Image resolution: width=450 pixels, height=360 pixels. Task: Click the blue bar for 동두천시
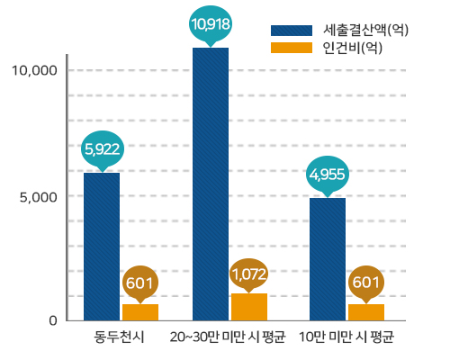[102, 246]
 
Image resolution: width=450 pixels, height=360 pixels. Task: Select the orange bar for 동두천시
[140, 311]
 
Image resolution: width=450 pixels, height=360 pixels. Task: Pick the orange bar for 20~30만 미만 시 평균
[249, 306]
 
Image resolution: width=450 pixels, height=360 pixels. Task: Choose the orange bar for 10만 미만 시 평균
[365, 311]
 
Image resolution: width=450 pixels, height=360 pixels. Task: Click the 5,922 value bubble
[102, 148]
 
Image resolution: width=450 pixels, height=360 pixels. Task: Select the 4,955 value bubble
[328, 174]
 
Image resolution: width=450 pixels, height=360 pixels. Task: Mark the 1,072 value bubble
[249, 271]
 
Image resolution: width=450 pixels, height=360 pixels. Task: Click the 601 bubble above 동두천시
[140, 282]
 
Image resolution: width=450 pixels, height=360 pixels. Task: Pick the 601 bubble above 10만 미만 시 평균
[365, 282]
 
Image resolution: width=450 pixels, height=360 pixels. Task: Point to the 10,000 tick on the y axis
[37, 70]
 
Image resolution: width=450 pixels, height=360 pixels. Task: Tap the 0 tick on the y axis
[53, 320]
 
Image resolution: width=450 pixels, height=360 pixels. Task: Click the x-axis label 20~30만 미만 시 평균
[228, 339]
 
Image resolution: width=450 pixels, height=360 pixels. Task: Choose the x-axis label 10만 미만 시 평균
[346, 339]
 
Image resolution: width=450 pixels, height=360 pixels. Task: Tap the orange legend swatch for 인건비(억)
[292, 49]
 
